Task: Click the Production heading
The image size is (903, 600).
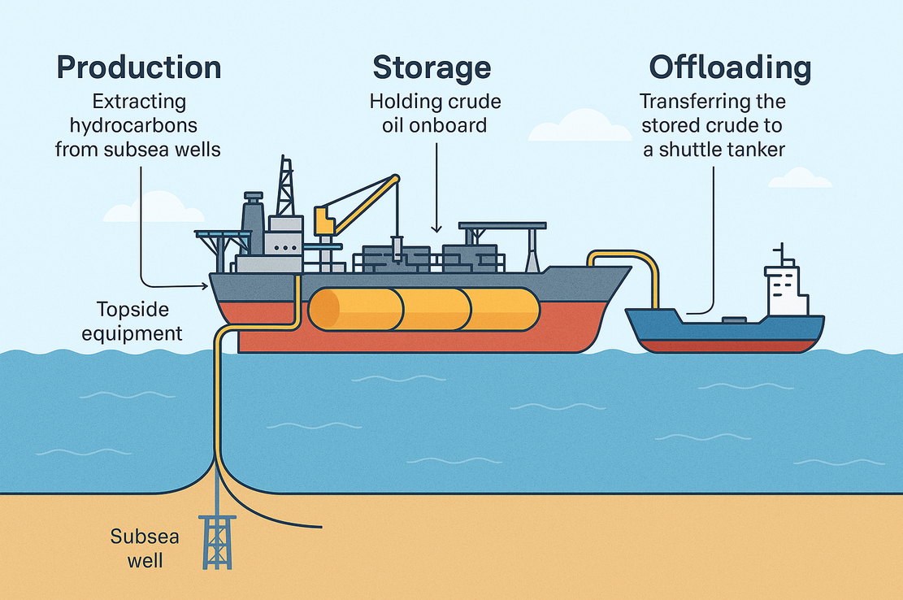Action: (138, 67)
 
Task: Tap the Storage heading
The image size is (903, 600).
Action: (432, 67)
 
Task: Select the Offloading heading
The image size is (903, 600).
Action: (729, 67)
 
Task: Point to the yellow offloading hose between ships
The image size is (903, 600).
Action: (642, 264)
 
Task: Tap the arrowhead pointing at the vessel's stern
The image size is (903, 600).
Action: (203, 285)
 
